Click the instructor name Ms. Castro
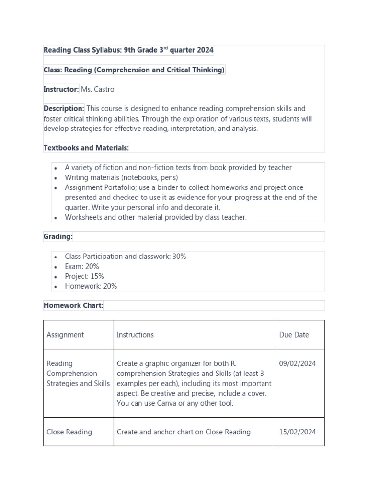click(98, 89)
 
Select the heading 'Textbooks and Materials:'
click(86, 148)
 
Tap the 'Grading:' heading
click(58, 236)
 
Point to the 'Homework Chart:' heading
click(73, 305)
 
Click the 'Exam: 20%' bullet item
click(82, 266)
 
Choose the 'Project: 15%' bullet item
click(84, 276)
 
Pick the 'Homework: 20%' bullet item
click(91, 286)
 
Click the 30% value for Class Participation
click(179, 257)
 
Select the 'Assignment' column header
click(65, 335)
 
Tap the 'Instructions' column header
click(135, 335)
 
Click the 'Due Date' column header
click(294, 335)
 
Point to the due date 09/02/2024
click(297, 363)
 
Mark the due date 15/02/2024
click(297, 432)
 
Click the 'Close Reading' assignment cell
click(69, 432)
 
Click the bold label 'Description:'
click(64, 109)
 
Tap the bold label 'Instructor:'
click(61, 89)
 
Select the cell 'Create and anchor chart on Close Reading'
click(184, 432)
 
